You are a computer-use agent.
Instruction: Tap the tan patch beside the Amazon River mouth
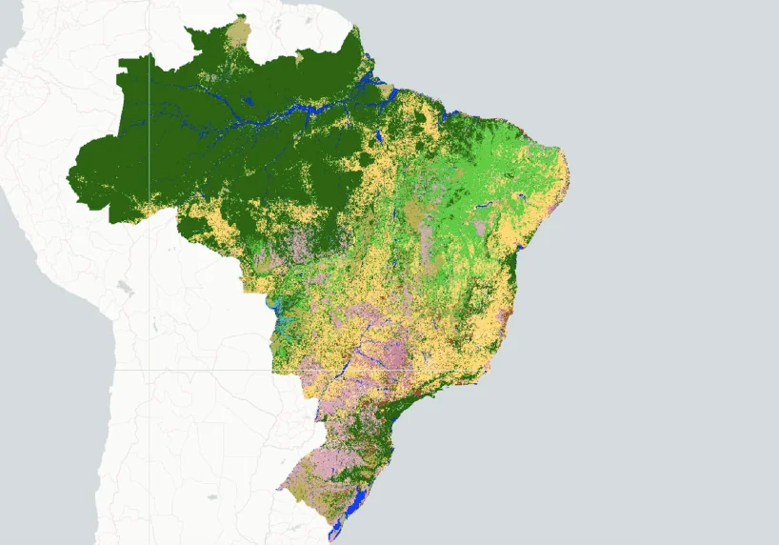point(388,91)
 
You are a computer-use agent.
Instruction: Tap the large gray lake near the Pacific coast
point(123,286)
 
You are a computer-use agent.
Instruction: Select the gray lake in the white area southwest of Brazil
point(211,496)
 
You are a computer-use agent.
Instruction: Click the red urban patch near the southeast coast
point(416,392)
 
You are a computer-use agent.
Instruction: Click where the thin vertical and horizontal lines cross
point(149,369)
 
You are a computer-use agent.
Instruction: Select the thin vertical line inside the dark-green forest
point(149,143)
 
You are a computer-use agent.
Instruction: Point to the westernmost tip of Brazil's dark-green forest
point(69,174)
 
